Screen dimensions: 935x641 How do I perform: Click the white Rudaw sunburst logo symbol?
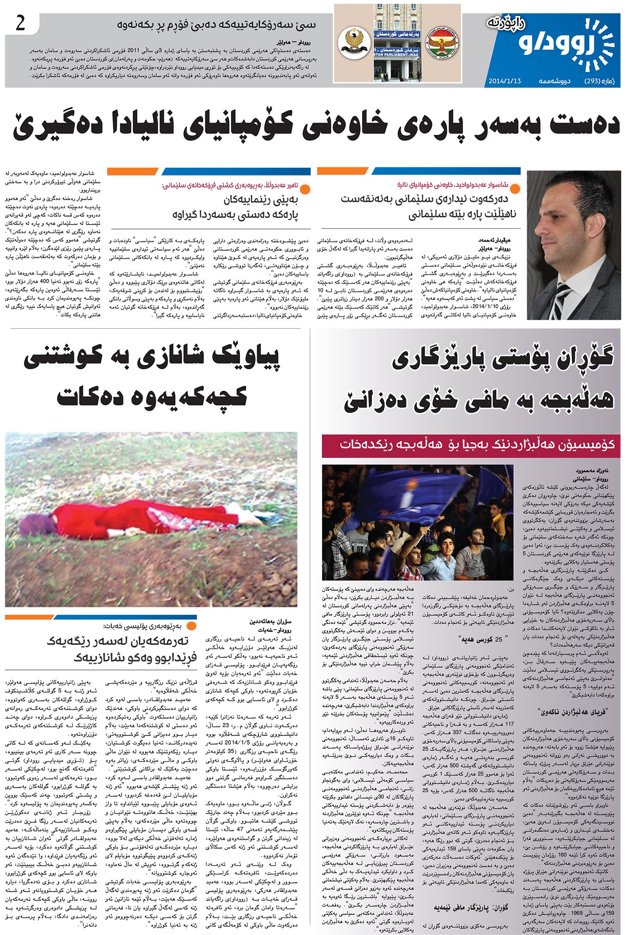pos(596,44)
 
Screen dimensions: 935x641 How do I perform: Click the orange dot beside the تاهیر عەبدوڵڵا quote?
pos(305,188)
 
